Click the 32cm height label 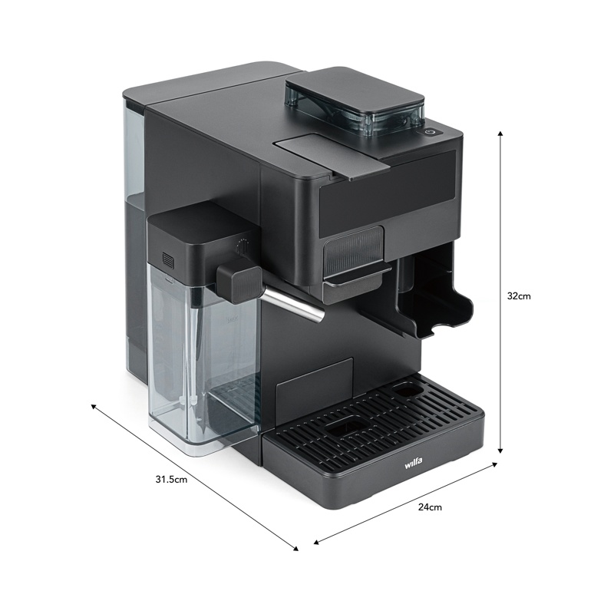point(519,296)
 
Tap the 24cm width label point(430,507)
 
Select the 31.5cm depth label point(171,479)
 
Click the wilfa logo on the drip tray point(414,464)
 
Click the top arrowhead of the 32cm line point(500,134)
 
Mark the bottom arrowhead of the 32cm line point(500,451)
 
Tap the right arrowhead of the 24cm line point(494,464)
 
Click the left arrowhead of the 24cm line point(316,542)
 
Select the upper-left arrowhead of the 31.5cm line point(94,407)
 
